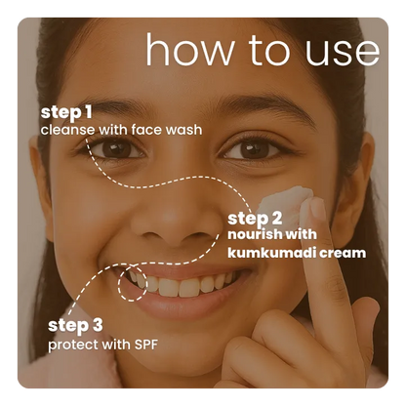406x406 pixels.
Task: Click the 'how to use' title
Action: (x=262, y=49)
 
